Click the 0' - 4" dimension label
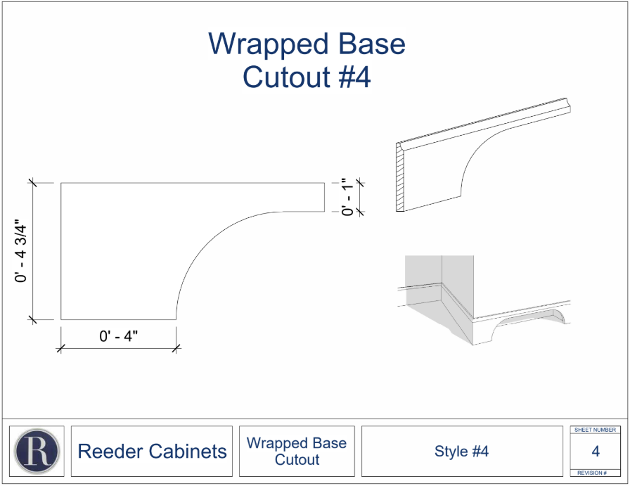pyautogui.click(x=119, y=335)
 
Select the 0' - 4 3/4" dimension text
pyautogui.click(x=20, y=251)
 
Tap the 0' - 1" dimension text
pyautogui.click(x=347, y=197)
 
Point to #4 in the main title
pyautogui.click(x=355, y=77)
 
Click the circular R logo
pyautogui.click(x=37, y=451)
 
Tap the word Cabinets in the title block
pyautogui.click(x=188, y=451)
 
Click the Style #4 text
pyautogui.click(x=462, y=451)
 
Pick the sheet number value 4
pyautogui.click(x=596, y=451)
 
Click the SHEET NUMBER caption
pyautogui.click(x=595, y=430)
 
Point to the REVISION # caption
pyautogui.click(x=592, y=473)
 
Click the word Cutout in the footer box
pyautogui.click(x=297, y=459)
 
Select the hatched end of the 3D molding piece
pyautogui.click(x=400, y=177)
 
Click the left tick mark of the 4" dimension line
pyautogui.click(x=61, y=348)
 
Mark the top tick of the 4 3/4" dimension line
pyautogui.click(x=32, y=183)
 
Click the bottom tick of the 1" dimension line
pyautogui.click(x=359, y=212)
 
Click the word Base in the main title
pyautogui.click(x=372, y=44)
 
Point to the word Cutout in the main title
pyautogui.click(x=286, y=77)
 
